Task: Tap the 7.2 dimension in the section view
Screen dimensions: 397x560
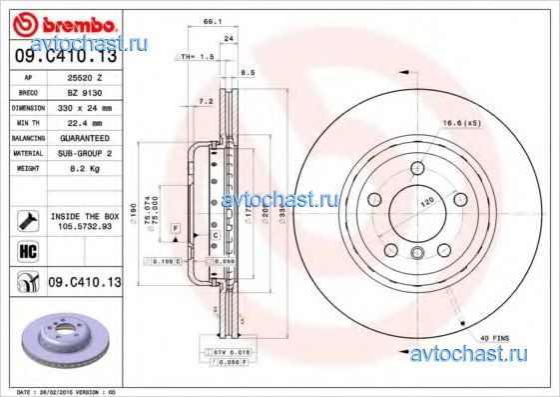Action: (x=206, y=102)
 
